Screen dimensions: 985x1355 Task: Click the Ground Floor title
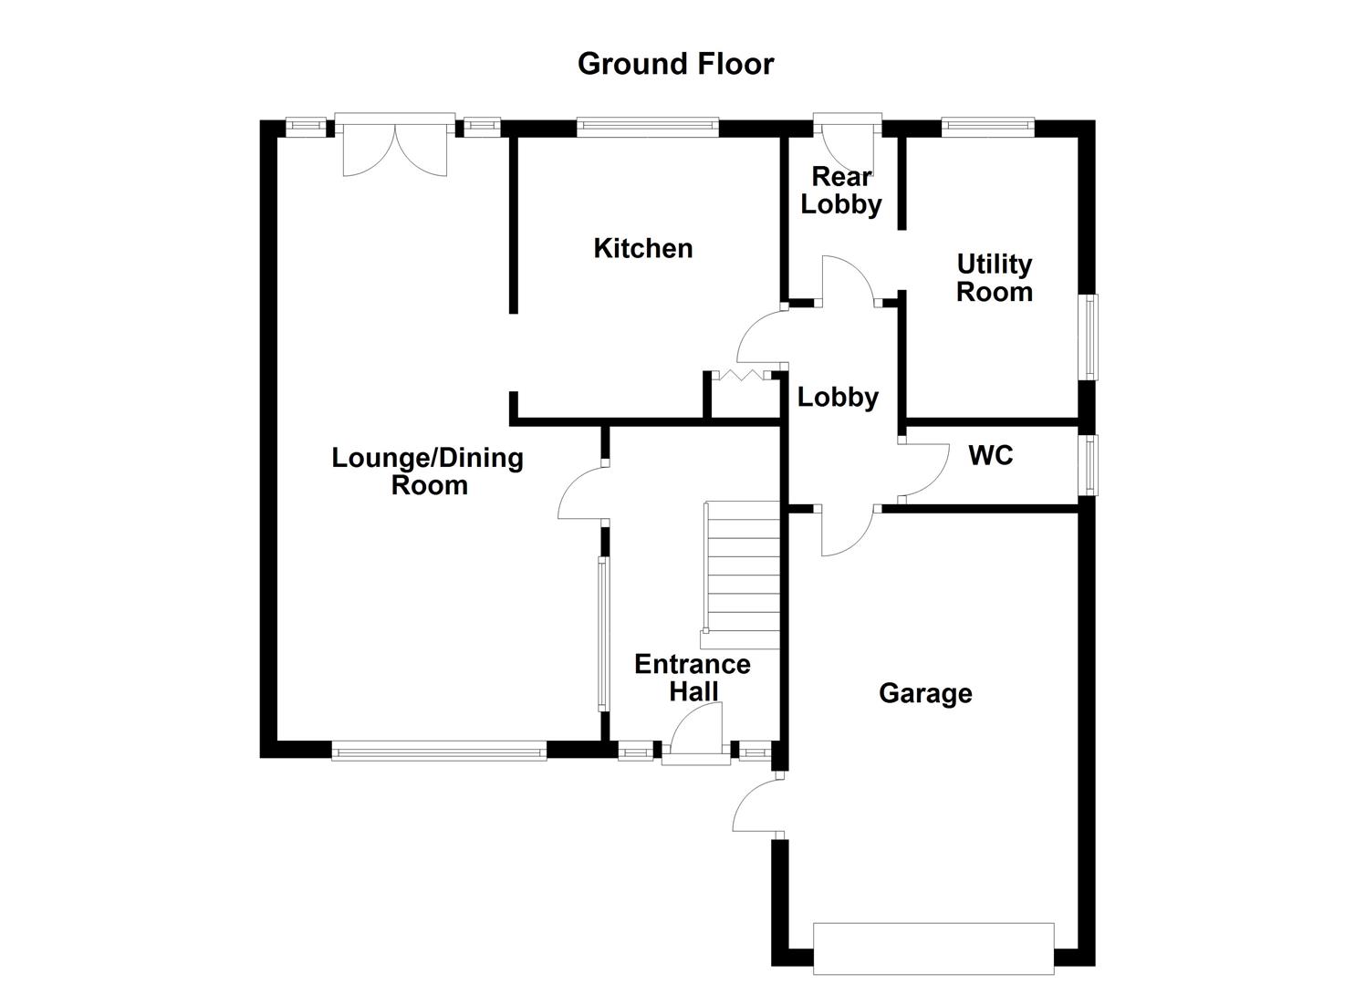pos(675,64)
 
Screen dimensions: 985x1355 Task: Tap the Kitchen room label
pos(642,248)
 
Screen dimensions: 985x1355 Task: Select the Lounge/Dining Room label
pos(427,471)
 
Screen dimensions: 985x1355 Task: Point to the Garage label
pos(924,693)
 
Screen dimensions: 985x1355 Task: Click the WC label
pos(990,455)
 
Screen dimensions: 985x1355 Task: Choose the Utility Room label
pos(994,278)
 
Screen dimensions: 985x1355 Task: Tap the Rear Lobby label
pos(840,191)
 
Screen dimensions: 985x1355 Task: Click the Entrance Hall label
pos(692,678)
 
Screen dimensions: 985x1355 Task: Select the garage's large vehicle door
pos(933,949)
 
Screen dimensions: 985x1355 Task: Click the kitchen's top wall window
pos(648,128)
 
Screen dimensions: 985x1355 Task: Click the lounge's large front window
pos(439,752)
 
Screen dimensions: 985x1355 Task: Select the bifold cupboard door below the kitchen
pos(742,375)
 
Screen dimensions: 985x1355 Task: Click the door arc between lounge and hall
pos(580,493)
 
